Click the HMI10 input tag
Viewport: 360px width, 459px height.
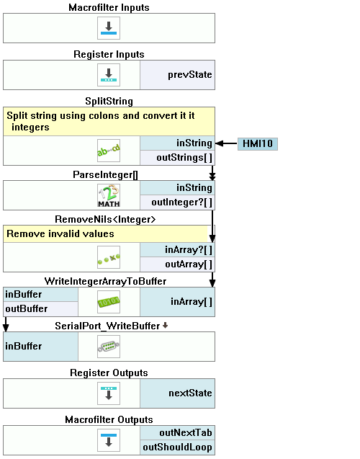tap(257, 143)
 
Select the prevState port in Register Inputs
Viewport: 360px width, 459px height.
tap(177, 75)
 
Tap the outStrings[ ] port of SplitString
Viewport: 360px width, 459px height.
tap(177, 158)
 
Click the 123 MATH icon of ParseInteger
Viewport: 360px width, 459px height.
tap(109, 195)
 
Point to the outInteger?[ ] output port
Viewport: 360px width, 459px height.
tap(177, 202)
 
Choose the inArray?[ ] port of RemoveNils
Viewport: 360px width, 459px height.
tap(177, 250)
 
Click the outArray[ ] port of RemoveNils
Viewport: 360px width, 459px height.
tap(177, 264)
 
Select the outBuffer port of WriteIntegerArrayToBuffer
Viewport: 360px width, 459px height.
tap(40, 309)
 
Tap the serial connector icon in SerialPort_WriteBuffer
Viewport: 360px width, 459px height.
tap(109, 347)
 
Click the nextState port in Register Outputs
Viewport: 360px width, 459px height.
tap(177, 393)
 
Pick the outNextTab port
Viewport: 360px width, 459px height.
tap(177, 433)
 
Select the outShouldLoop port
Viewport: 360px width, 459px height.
tap(177, 447)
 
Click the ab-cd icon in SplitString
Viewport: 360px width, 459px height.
tap(109, 151)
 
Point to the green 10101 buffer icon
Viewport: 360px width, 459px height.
tap(109, 302)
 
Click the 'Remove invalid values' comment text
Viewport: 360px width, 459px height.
tap(60, 234)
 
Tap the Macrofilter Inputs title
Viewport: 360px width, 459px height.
tap(109, 7)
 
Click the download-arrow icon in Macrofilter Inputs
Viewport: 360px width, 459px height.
tap(109, 28)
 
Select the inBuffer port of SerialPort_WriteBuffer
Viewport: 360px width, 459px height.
tap(40, 347)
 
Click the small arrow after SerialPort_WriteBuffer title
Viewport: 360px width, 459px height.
tap(165, 325)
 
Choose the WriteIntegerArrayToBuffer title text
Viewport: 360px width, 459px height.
tap(105, 281)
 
